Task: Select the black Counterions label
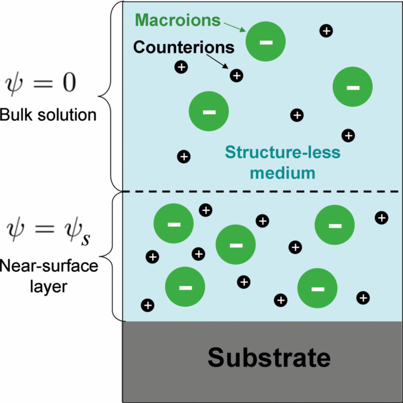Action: coord(184,46)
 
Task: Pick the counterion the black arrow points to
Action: coord(236,75)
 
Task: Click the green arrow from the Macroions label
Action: coord(234,25)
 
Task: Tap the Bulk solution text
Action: coord(48,115)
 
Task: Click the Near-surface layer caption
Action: coord(49,276)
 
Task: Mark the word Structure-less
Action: coord(283,153)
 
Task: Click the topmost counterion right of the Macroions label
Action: coord(326,31)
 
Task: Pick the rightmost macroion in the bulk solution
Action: coord(352,87)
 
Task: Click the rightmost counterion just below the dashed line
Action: coord(381,217)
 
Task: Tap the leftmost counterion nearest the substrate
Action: coord(147,305)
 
